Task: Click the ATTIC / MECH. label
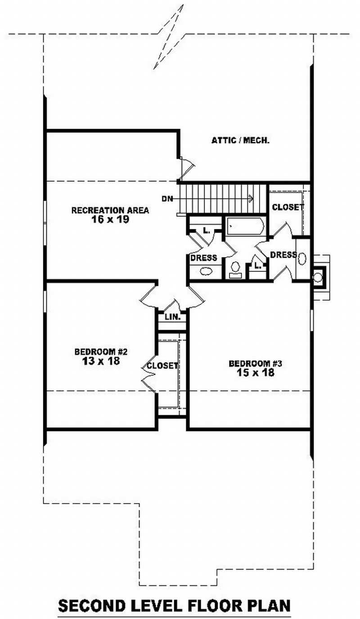pyautogui.click(x=241, y=140)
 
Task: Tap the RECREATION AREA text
pyautogui.click(x=110, y=210)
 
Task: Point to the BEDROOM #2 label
pyautogui.click(x=97, y=351)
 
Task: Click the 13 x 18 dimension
pyautogui.click(x=97, y=361)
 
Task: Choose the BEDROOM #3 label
pyautogui.click(x=256, y=363)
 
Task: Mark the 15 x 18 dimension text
pyautogui.click(x=256, y=372)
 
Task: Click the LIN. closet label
pyautogui.click(x=172, y=317)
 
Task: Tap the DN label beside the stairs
pyautogui.click(x=168, y=198)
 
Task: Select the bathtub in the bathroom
pyautogui.click(x=245, y=225)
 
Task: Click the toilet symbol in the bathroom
pyautogui.click(x=235, y=268)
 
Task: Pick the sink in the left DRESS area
pyautogui.click(x=206, y=272)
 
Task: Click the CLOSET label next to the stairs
pyautogui.click(x=288, y=207)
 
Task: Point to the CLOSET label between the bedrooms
pyautogui.click(x=162, y=366)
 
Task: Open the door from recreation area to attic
pyautogui.click(x=186, y=167)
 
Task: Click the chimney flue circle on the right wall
pyautogui.click(x=319, y=276)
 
